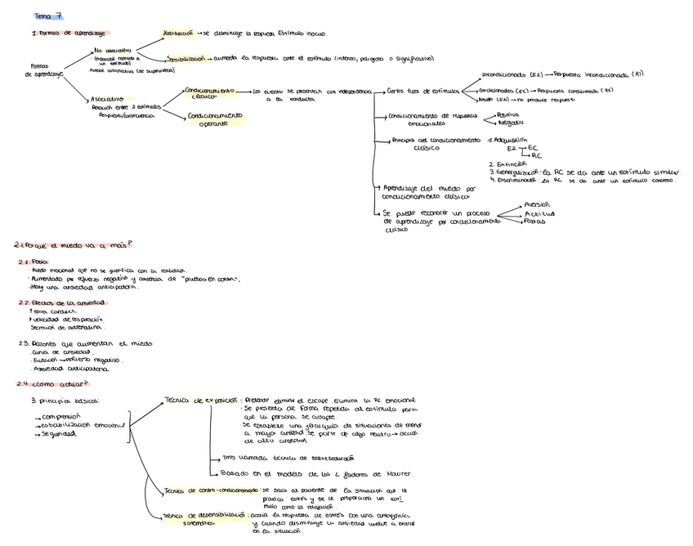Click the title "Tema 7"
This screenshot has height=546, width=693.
[48, 16]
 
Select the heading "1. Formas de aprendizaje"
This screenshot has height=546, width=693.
[68, 33]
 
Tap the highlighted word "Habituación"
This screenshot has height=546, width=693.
[178, 34]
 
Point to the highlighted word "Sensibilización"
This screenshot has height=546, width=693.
[187, 59]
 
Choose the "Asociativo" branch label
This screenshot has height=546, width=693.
[107, 99]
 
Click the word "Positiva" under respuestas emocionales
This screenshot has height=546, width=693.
[513, 115]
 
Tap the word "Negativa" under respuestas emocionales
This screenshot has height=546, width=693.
[514, 123]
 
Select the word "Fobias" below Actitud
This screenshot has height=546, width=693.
[535, 222]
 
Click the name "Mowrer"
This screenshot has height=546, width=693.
[396, 474]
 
